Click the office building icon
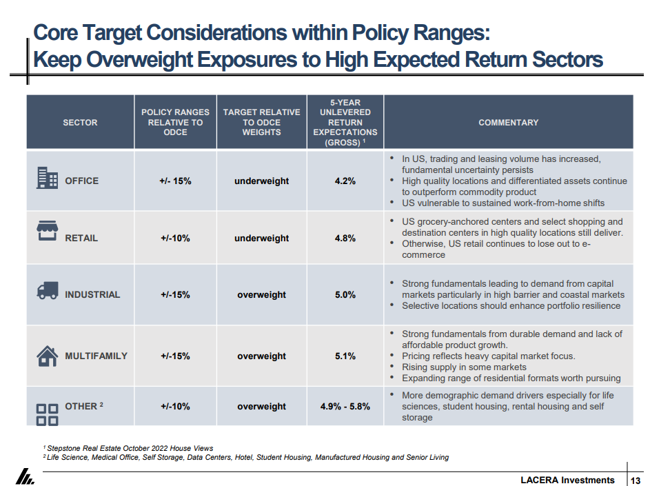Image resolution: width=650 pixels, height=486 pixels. [47, 178]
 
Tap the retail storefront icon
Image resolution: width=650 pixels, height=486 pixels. [47, 232]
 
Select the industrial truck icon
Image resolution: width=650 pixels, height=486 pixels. [47, 292]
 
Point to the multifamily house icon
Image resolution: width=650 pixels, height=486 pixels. [47, 356]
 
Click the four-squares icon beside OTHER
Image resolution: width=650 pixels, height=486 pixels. [47, 413]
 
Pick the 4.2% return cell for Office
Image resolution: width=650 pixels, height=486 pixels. [345, 181]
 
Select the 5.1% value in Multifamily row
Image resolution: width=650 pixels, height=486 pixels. [345, 356]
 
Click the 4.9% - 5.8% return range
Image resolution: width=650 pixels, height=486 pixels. [345, 406]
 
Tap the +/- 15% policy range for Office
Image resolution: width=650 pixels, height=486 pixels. [175, 181]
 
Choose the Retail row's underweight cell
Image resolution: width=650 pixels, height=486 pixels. [261, 238]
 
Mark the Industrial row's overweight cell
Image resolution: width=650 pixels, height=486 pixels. [261, 294]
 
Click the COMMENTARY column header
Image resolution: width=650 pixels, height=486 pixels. [508, 122]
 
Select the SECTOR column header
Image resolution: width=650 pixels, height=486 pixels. [80, 122]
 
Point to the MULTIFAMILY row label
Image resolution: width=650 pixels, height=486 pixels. [96, 356]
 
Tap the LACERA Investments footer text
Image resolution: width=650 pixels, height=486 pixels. [567, 480]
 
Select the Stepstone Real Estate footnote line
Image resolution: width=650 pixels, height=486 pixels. [128, 448]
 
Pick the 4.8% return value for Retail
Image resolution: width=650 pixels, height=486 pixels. [345, 238]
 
